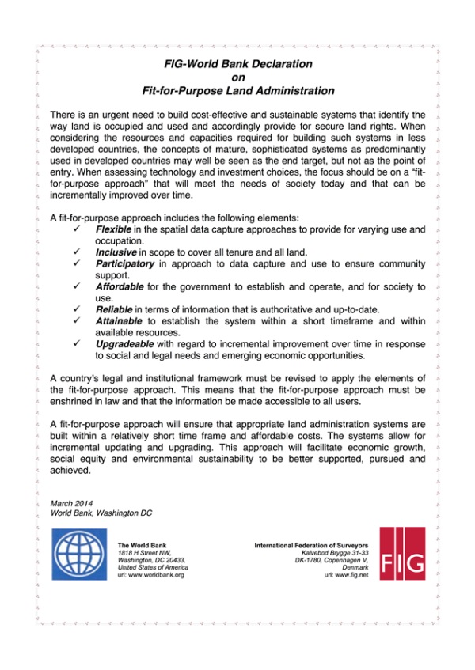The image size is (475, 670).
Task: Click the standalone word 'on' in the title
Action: [237, 77]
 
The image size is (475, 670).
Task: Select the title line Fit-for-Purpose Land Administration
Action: [237, 90]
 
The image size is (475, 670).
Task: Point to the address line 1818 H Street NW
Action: [146, 552]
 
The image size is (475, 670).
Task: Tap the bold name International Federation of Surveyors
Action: [311, 545]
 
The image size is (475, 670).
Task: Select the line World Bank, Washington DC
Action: [101, 513]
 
